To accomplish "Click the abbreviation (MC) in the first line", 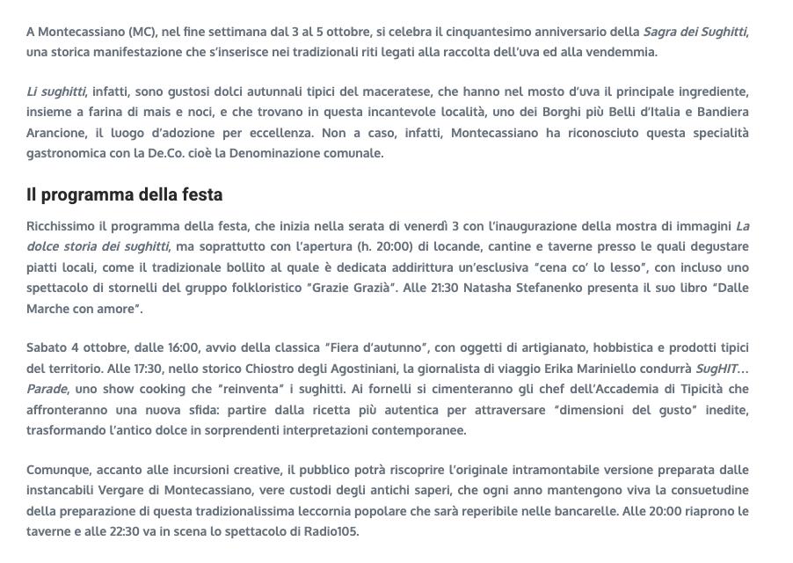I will point(141,32).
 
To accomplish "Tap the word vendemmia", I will point(625,52).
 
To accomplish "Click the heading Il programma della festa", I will point(124,194).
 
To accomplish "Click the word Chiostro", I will point(264,369).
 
